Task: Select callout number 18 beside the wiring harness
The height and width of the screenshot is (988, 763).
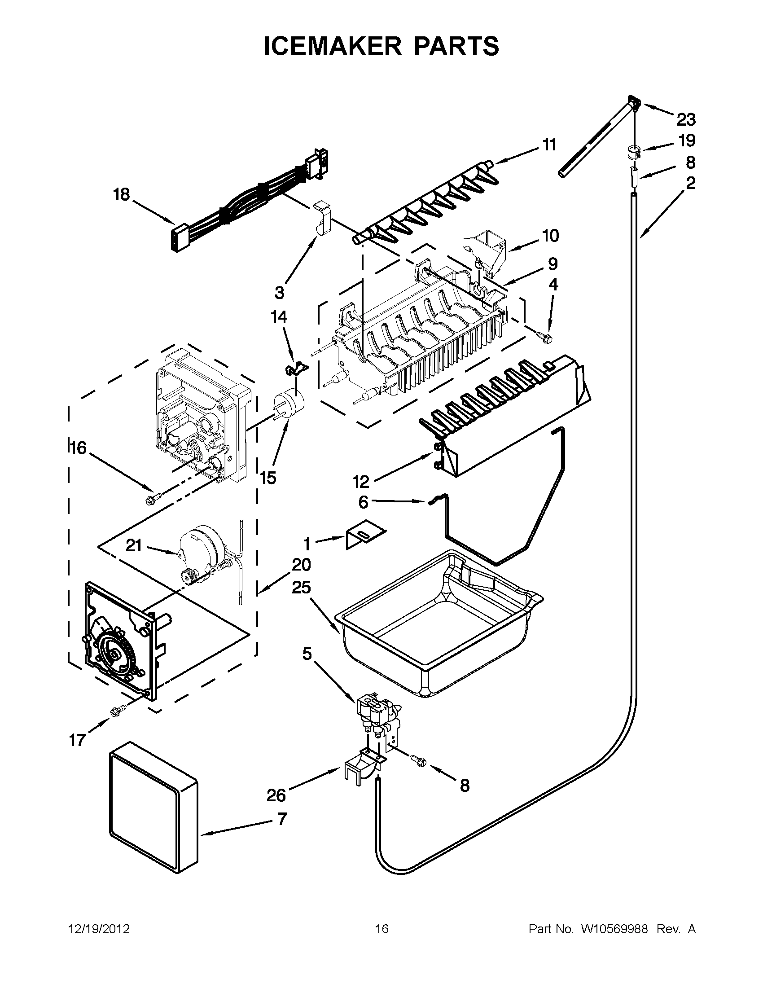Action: [x=122, y=195]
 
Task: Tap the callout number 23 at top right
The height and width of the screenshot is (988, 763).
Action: [x=686, y=120]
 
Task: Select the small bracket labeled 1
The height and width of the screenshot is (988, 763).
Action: [x=364, y=535]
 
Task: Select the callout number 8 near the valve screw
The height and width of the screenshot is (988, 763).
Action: [x=465, y=786]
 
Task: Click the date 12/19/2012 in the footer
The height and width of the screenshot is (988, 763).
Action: [x=99, y=929]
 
